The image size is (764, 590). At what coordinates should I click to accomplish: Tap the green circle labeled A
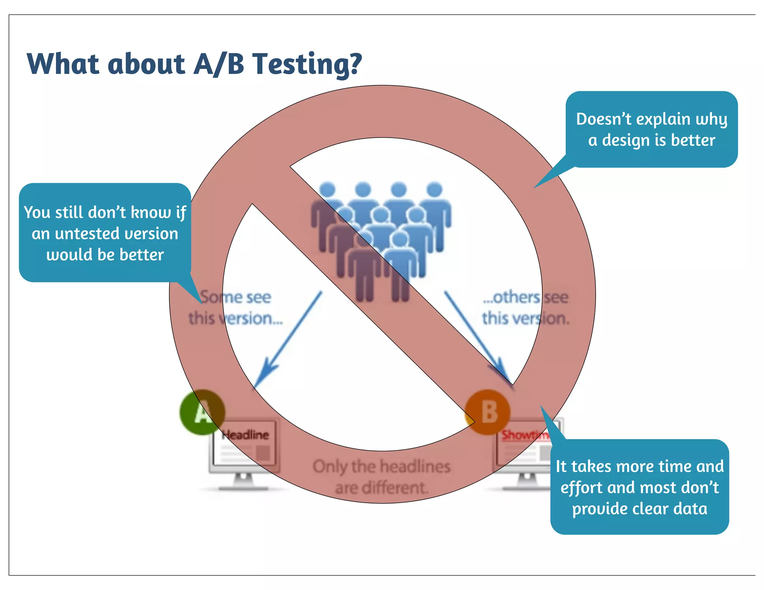tap(202, 412)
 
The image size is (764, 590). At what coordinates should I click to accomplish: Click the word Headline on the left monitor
tap(245, 435)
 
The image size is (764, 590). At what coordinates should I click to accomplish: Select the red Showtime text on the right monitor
tap(524, 435)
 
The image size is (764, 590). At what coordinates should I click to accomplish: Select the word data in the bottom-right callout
tap(690, 509)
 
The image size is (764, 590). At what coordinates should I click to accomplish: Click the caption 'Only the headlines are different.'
tap(381, 477)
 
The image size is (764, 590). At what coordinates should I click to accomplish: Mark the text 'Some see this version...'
tap(236, 308)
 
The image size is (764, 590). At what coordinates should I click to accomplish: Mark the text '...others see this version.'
tap(525, 308)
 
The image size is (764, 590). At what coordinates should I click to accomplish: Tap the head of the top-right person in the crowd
tap(434, 189)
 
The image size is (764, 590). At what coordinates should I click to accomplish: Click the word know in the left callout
tap(150, 213)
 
